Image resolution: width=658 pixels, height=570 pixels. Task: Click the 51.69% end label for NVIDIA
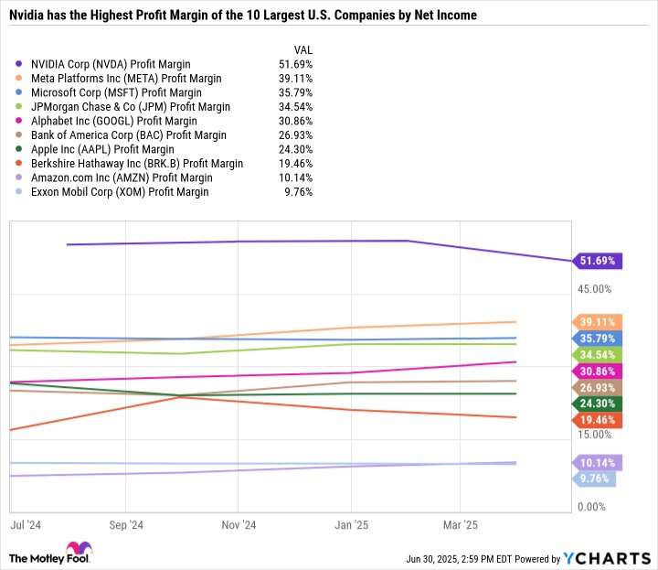click(x=599, y=261)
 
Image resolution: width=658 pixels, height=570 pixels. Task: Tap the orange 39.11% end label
click(x=599, y=322)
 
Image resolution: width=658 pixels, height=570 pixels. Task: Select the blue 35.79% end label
click(x=599, y=338)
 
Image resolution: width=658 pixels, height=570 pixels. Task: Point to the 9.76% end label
click(x=596, y=479)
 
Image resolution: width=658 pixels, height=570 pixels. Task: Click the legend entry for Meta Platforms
click(x=126, y=79)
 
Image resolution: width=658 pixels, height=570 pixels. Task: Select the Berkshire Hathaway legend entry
click(x=137, y=164)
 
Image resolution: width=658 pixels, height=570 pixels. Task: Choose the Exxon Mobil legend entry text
click(x=120, y=192)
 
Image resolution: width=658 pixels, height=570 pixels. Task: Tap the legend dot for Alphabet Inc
click(x=20, y=122)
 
